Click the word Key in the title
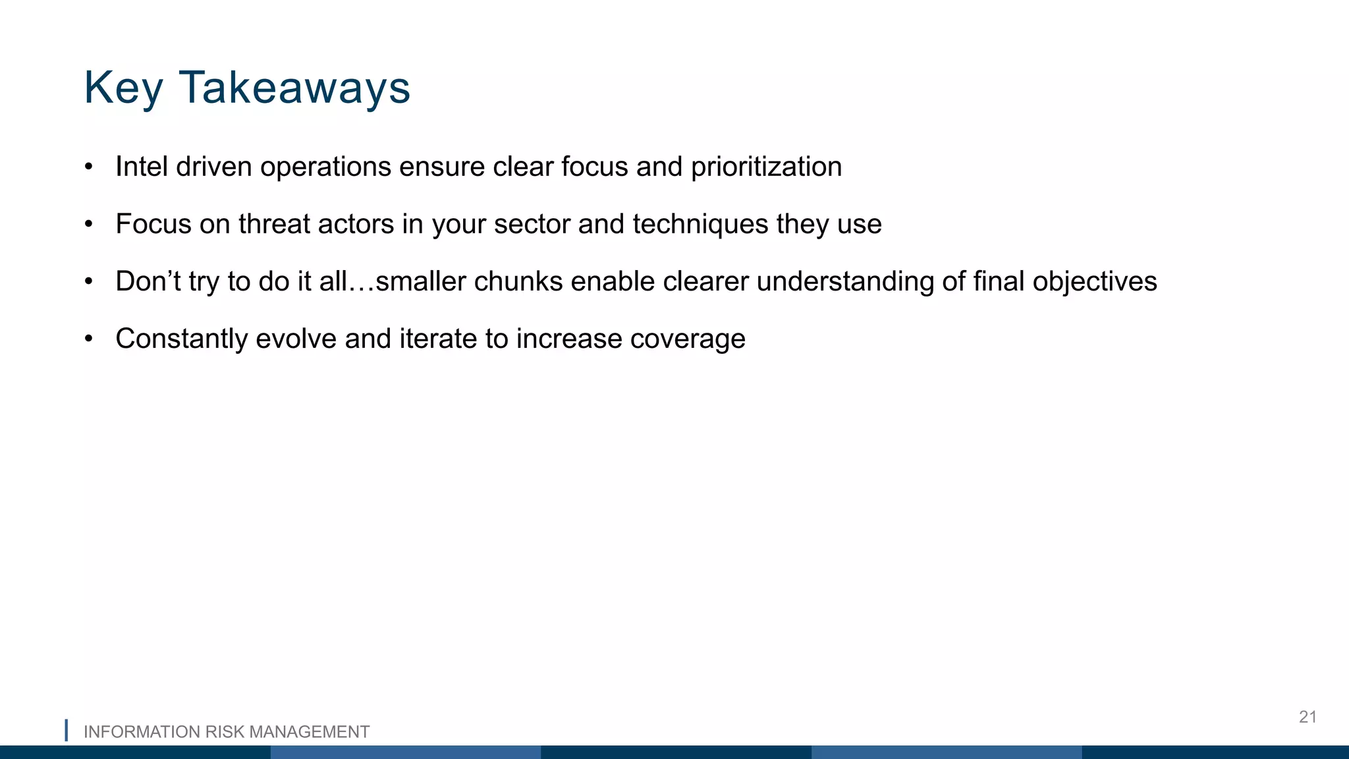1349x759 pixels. pos(123,88)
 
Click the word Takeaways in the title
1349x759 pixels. pos(294,88)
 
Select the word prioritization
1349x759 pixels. pos(766,167)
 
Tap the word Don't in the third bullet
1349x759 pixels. pos(148,281)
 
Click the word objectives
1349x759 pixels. pos(1094,281)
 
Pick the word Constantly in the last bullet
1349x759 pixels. pos(181,339)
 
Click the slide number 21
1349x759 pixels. pos(1308,717)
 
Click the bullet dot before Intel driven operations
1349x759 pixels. pos(89,167)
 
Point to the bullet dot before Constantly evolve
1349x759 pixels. pos(89,339)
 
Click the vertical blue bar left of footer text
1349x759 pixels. pos(67,730)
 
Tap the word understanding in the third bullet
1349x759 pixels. pos(845,281)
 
